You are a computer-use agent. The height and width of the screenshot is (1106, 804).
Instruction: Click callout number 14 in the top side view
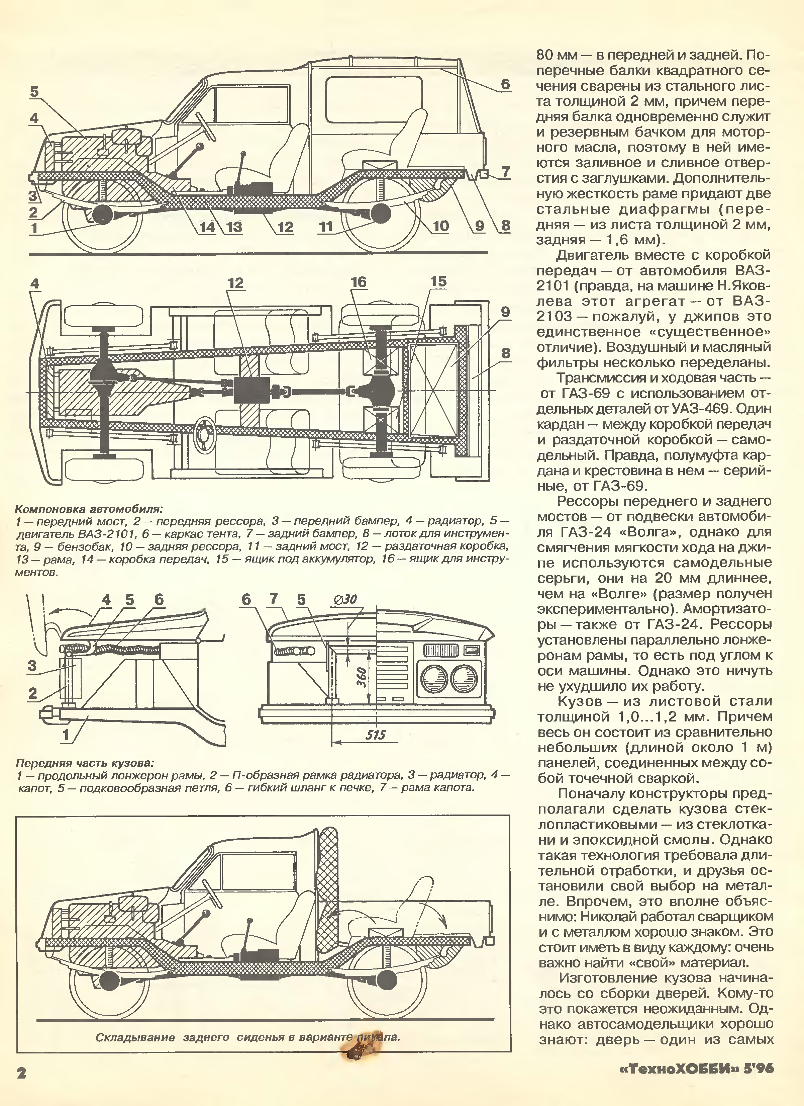tap(207, 227)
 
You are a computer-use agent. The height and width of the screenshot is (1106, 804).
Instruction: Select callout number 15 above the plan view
tap(438, 282)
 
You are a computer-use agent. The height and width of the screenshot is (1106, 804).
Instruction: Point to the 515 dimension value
tap(375, 735)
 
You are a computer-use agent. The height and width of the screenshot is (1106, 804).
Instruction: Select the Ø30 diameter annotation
tap(345, 600)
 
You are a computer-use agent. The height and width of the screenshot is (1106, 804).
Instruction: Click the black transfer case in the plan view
tap(252, 390)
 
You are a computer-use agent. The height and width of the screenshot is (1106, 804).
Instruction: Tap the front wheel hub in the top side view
tap(103, 215)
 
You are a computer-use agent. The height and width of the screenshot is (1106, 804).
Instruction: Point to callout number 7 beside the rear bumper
tap(505, 172)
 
